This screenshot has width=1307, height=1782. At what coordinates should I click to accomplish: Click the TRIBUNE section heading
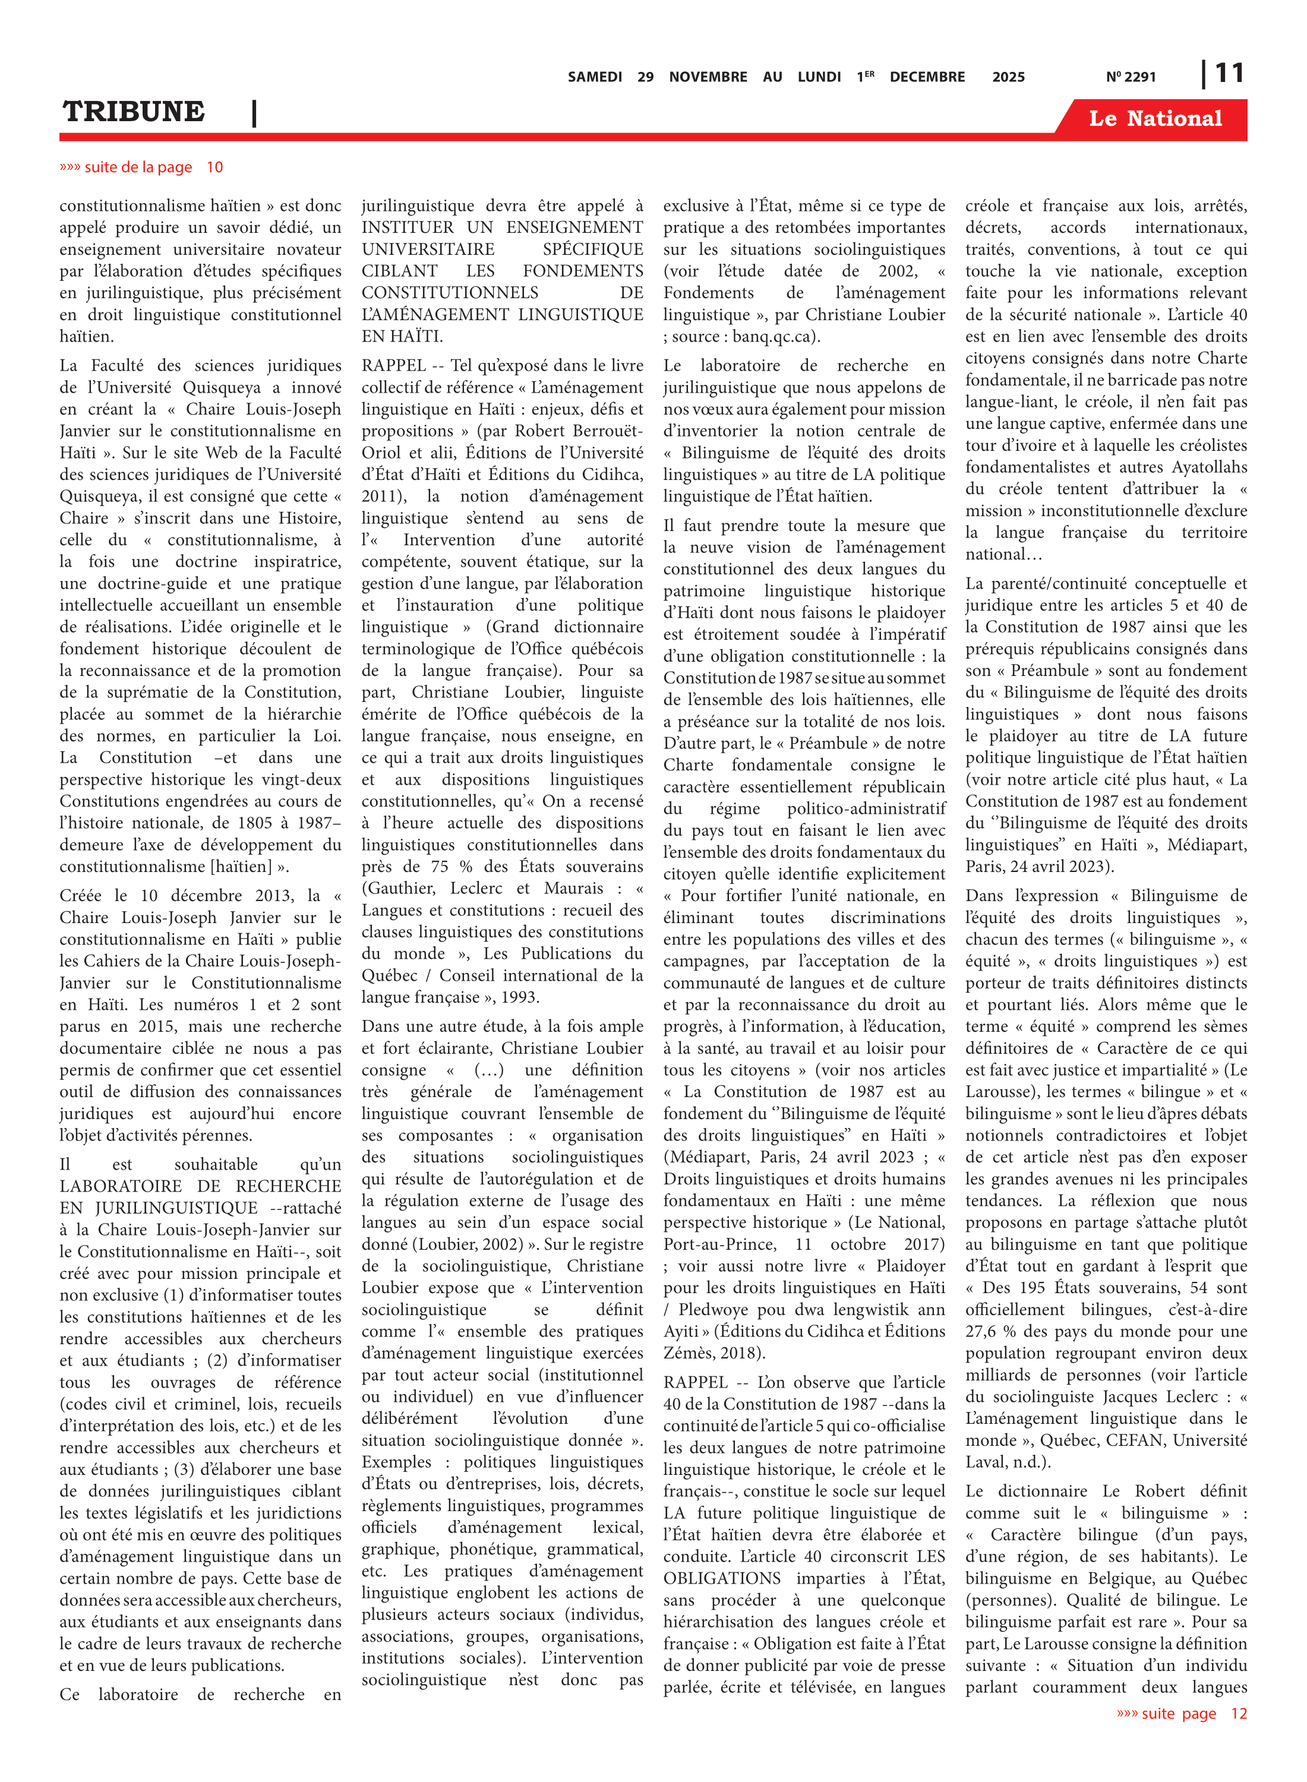134,112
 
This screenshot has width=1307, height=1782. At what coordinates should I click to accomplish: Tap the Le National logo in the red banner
1155,119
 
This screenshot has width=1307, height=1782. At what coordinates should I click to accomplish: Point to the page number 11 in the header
1229,74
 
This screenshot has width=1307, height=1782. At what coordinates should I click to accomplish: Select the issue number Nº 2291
1131,77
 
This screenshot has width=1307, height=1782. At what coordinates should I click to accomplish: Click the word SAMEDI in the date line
594,77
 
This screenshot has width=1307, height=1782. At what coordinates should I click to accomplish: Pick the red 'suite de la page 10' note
141,167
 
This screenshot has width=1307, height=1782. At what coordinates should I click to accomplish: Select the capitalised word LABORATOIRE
120,1186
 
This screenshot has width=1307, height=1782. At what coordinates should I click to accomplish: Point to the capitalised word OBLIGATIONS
722,1578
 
